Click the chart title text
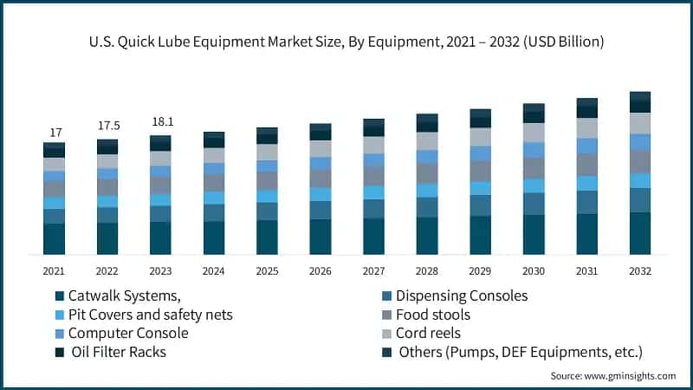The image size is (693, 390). (x=346, y=41)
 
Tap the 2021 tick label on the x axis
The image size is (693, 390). (x=55, y=270)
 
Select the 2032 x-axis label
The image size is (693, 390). (x=639, y=270)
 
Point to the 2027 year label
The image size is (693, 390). (x=373, y=270)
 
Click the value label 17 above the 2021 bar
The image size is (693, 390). (x=55, y=133)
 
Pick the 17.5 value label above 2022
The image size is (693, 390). (x=107, y=126)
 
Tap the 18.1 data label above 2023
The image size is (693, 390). (x=161, y=121)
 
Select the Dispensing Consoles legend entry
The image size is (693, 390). (x=462, y=296)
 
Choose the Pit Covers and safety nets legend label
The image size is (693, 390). (x=150, y=315)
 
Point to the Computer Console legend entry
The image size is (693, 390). (x=127, y=333)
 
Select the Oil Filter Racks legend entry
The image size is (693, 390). (x=118, y=352)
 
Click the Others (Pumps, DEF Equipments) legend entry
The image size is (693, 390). (x=520, y=352)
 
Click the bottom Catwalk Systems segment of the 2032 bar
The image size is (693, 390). (x=639, y=233)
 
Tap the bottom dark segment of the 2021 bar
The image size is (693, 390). (x=55, y=239)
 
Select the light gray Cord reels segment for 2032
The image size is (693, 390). (x=639, y=123)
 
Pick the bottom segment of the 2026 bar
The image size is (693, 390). (x=321, y=237)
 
